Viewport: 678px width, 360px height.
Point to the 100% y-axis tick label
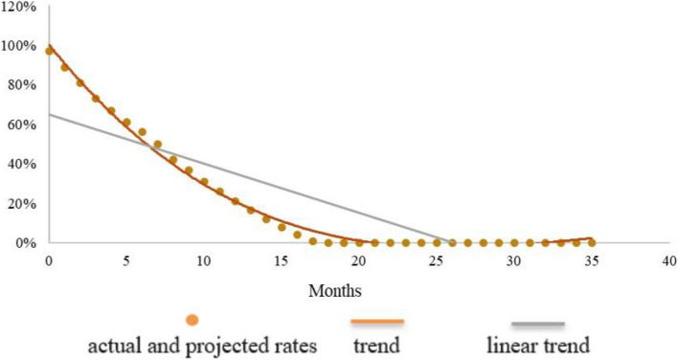(19, 46)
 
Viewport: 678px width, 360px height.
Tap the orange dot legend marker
(193, 321)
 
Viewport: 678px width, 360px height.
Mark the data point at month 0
(49, 51)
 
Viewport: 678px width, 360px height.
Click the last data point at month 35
(592, 242)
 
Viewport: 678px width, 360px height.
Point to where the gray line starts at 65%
(49, 115)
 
